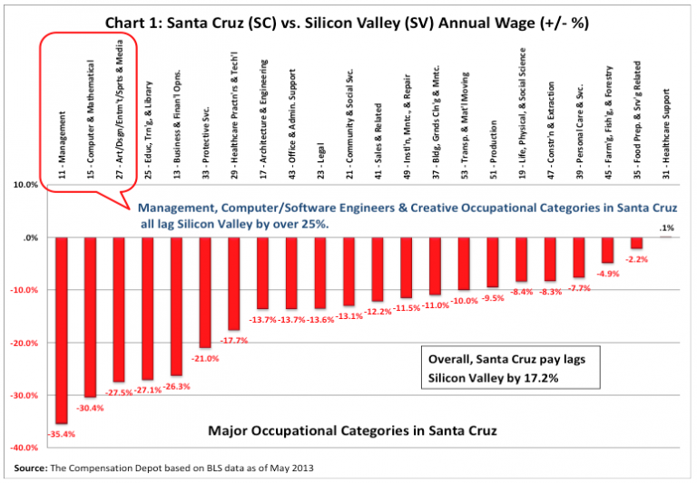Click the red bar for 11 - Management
[61, 330]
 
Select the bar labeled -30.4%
[89, 317]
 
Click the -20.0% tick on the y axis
[25, 343]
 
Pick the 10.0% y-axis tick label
[27, 185]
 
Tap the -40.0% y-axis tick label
[25, 449]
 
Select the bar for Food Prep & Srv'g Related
[637, 243]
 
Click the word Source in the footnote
[31, 468]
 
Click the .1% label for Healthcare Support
[667, 227]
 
